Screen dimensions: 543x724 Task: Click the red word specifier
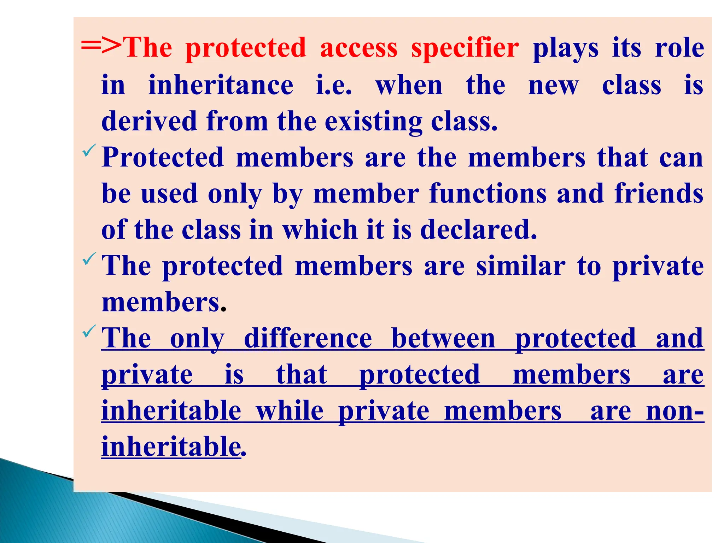click(465, 48)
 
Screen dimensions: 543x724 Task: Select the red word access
click(358, 48)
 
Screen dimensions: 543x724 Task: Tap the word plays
click(566, 48)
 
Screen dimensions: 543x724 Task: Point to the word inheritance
click(221, 85)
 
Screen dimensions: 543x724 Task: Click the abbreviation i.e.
click(334, 86)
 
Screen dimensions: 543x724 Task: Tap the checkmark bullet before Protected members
click(89, 150)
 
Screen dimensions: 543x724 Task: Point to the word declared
click(479, 230)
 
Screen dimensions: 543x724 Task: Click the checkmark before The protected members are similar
click(89, 259)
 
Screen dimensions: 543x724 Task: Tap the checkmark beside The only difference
click(89, 331)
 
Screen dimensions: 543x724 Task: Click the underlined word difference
click(308, 339)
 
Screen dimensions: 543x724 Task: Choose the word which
click(320, 230)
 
